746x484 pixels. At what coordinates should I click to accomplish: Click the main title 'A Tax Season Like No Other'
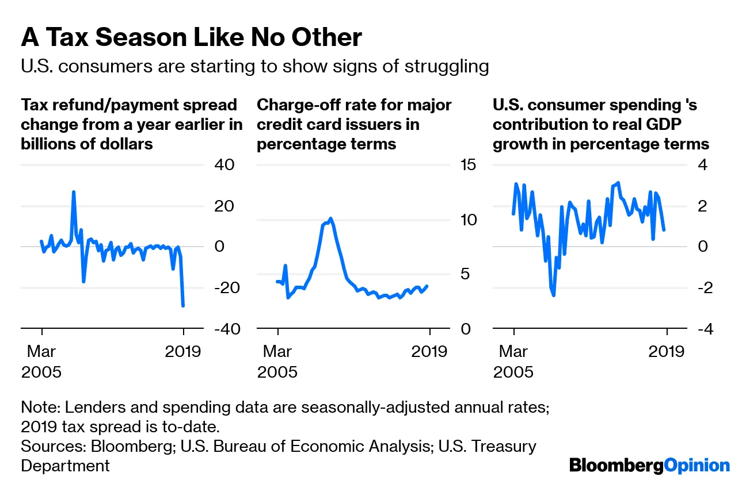click(191, 38)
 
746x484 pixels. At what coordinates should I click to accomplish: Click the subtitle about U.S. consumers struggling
click(254, 66)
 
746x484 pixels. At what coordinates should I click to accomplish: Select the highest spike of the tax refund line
click(74, 192)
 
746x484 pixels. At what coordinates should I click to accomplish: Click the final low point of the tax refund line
click(183, 305)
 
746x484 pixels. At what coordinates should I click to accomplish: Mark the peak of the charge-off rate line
click(330, 218)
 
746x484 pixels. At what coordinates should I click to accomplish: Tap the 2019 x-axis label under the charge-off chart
click(429, 351)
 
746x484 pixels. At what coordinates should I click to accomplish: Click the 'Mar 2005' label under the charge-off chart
click(277, 361)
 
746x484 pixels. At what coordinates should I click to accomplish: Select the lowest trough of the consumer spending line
click(554, 295)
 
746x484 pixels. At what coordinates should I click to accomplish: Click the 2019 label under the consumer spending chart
click(666, 351)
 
